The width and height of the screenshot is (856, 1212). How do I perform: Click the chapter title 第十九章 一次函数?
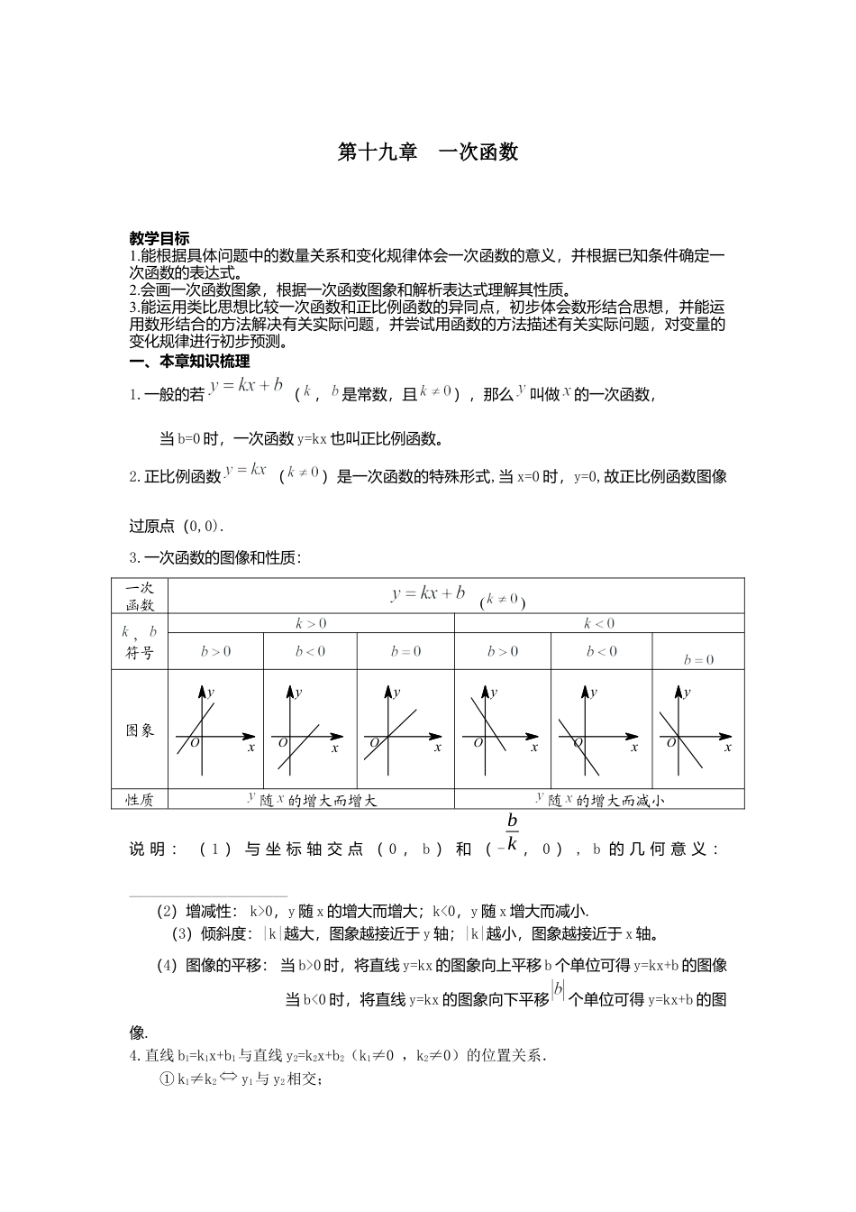pyautogui.click(x=428, y=152)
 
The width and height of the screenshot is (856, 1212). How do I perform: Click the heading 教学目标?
pyautogui.click(x=159, y=239)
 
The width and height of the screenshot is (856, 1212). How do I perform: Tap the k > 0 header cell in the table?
pyautogui.click(x=311, y=623)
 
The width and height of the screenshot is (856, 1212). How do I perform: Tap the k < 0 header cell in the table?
pyautogui.click(x=599, y=623)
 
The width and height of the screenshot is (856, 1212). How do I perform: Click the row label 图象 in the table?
pyautogui.click(x=140, y=730)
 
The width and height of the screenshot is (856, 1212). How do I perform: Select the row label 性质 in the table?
pyautogui.click(x=140, y=800)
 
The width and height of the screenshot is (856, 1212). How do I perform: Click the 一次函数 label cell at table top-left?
pyautogui.click(x=140, y=596)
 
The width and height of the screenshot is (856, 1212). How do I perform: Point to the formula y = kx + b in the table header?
pyautogui.click(x=428, y=593)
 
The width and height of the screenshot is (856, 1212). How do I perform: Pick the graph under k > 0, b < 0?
pyautogui.click(x=310, y=730)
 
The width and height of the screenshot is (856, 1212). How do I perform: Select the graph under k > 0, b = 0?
pyautogui.click(x=405, y=730)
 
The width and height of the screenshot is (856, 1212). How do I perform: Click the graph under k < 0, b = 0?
pyautogui.click(x=697, y=730)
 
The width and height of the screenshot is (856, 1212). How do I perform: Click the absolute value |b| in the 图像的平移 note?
pyautogui.click(x=559, y=990)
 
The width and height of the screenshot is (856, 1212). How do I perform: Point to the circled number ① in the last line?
pyautogui.click(x=166, y=1079)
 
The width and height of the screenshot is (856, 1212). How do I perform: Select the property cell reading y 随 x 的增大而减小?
pyautogui.click(x=599, y=800)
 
